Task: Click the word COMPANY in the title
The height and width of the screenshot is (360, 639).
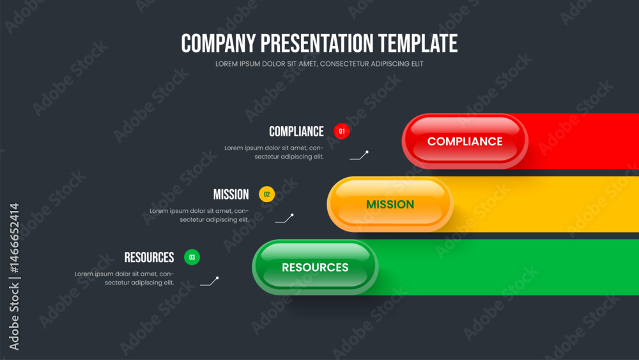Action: (x=219, y=43)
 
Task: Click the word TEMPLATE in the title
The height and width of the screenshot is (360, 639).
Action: (x=418, y=43)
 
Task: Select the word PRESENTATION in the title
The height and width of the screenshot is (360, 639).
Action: (x=317, y=43)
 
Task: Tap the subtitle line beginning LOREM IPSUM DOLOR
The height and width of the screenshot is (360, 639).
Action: (x=319, y=63)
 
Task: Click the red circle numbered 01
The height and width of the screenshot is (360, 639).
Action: (x=341, y=131)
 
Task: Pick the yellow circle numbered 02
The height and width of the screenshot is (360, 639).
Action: (x=267, y=194)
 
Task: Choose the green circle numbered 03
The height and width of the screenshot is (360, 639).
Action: (x=192, y=257)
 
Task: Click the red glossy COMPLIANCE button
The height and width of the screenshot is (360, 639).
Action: (x=465, y=141)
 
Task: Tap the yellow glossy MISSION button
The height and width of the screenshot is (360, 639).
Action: (x=390, y=204)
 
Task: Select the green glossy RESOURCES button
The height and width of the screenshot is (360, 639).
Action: (x=315, y=267)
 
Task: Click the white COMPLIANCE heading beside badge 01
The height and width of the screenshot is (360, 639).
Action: (x=296, y=132)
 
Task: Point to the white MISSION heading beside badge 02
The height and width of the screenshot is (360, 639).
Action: (x=231, y=194)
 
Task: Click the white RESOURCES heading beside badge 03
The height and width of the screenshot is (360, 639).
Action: (x=149, y=258)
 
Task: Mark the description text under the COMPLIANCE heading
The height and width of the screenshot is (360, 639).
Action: (x=274, y=152)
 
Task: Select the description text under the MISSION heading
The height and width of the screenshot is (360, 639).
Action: (x=199, y=215)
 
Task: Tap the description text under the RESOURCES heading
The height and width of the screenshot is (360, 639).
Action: (x=125, y=278)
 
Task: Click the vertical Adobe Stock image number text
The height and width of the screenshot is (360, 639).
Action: (x=14, y=276)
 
